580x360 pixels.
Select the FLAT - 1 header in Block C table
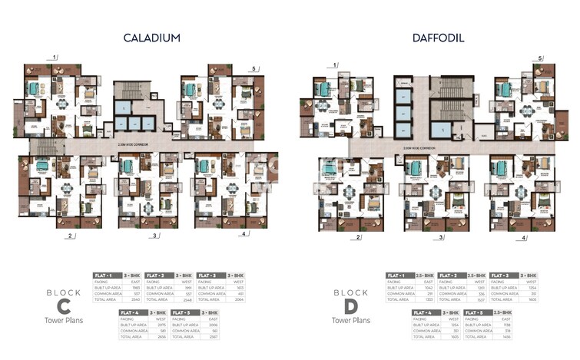(104, 274)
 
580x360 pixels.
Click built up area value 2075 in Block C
(162, 323)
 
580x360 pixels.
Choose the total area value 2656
(162, 336)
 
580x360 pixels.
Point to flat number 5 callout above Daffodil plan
(540, 58)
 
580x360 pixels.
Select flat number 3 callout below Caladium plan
(156, 236)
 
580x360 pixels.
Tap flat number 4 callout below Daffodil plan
(525, 238)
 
